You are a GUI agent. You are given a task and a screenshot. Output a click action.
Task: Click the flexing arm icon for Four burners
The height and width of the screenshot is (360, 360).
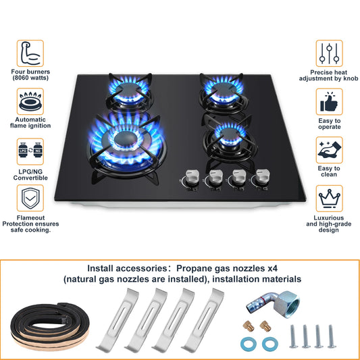point(30,53)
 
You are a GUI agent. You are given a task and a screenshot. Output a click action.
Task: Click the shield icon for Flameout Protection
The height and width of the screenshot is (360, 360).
point(30,199)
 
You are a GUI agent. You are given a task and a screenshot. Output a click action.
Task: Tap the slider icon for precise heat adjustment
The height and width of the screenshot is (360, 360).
point(330,53)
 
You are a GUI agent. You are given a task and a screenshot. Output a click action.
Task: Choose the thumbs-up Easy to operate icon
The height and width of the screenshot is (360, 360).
point(330,102)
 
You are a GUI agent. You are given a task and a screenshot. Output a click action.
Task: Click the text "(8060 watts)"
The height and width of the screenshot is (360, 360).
point(30,77)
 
